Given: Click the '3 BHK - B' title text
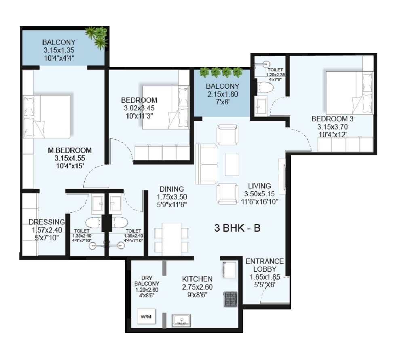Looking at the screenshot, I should point(237,228).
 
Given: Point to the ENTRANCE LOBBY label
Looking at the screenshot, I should point(265,265).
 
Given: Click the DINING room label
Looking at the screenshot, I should point(171,189).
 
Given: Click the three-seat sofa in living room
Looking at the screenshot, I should point(206,163).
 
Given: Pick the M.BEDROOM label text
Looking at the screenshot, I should point(69,150).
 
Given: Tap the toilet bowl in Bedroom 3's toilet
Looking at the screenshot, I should point(266,87).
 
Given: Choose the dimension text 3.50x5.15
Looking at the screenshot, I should point(261,194).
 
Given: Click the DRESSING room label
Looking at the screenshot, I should point(46,222).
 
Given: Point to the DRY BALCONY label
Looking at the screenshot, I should point(147,284).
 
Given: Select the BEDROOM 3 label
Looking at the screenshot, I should point(329,119).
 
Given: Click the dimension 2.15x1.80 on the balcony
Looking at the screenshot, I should point(222,94).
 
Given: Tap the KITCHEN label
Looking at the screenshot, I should point(197,279).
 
